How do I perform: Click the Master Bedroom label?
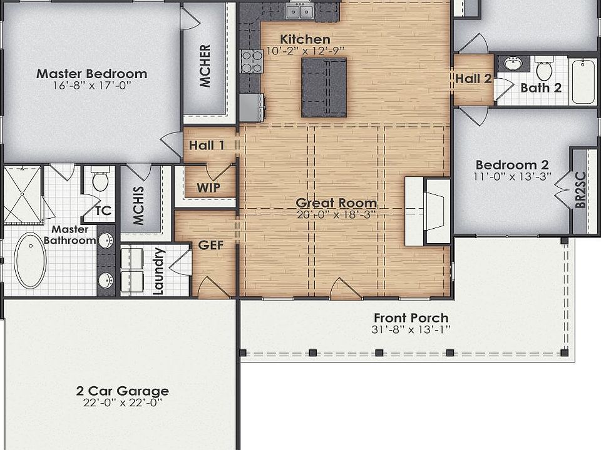[91, 74]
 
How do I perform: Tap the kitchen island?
[324, 87]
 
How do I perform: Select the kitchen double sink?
[300, 11]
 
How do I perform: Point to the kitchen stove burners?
[252, 61]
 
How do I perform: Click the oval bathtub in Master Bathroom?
[30, 260]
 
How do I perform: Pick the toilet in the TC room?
[100, 179]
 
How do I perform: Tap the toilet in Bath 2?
[543, 68]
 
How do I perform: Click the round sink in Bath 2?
[513, 64]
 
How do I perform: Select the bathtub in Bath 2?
[583, 81]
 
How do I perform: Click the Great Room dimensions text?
[336, 214]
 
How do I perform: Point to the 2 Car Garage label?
[122, 391]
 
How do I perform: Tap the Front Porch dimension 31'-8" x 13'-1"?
[411, 329]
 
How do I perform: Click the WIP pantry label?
[208, 187]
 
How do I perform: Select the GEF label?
[211, 245]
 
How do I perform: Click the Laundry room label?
[158, 271]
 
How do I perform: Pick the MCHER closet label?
[205, 66]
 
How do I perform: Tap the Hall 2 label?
[473, 79]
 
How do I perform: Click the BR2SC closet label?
[580, 190]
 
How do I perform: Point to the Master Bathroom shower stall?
[23, 194]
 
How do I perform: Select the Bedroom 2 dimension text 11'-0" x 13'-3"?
[513, 176]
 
